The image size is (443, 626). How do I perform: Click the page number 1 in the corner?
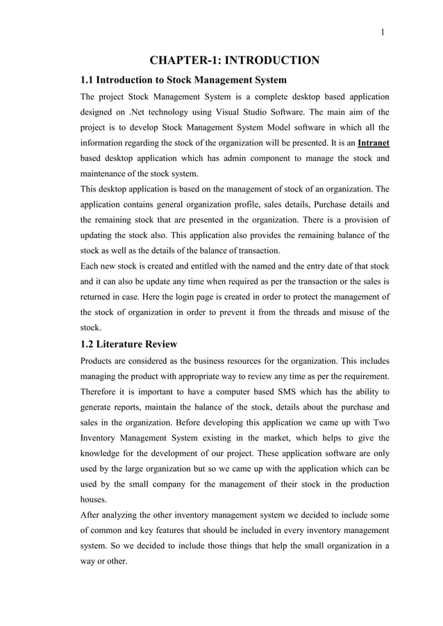pyautogui.click(x=383, y=31)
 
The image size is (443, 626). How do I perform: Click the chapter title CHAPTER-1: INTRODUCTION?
pyautogui.click(x=235, y=60)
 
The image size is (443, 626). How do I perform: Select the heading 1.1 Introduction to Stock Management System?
pyautogui.click(x=183, y=80)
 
